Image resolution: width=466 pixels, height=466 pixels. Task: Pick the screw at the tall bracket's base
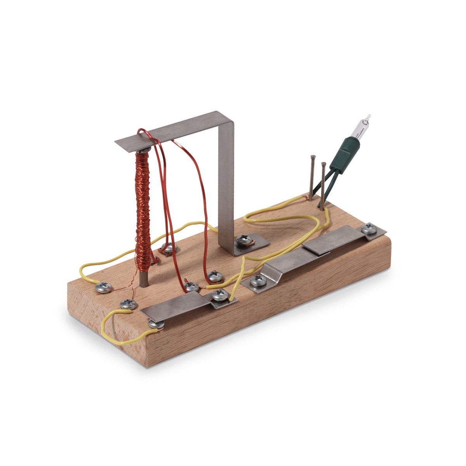point(244,240)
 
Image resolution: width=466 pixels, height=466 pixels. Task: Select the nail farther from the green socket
point(312,177)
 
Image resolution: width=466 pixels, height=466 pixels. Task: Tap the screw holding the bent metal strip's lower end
point(258,280)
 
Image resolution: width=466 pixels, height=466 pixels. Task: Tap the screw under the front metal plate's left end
point(155,323)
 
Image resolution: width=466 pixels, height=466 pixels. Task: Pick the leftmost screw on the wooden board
point(104,287)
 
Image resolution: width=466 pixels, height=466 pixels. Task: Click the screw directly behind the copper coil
point(169,247)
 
